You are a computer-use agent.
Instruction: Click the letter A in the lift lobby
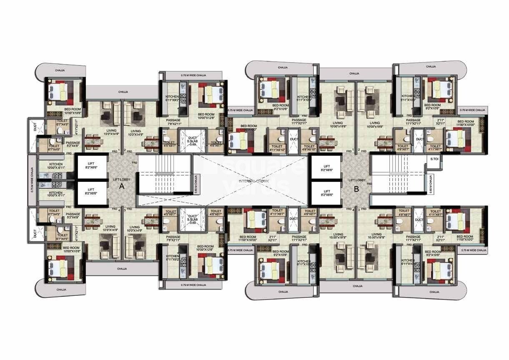point(122,187)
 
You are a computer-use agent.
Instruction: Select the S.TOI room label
point(434,159)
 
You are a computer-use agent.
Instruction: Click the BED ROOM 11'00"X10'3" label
point(248,128)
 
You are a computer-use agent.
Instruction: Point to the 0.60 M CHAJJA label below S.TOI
point(431,184)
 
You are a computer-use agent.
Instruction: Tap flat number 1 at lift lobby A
point(119,150)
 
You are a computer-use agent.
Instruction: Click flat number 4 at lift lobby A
point(119,209)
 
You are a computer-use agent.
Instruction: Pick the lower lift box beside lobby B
point(326,194)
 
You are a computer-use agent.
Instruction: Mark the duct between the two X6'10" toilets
point(293,140)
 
